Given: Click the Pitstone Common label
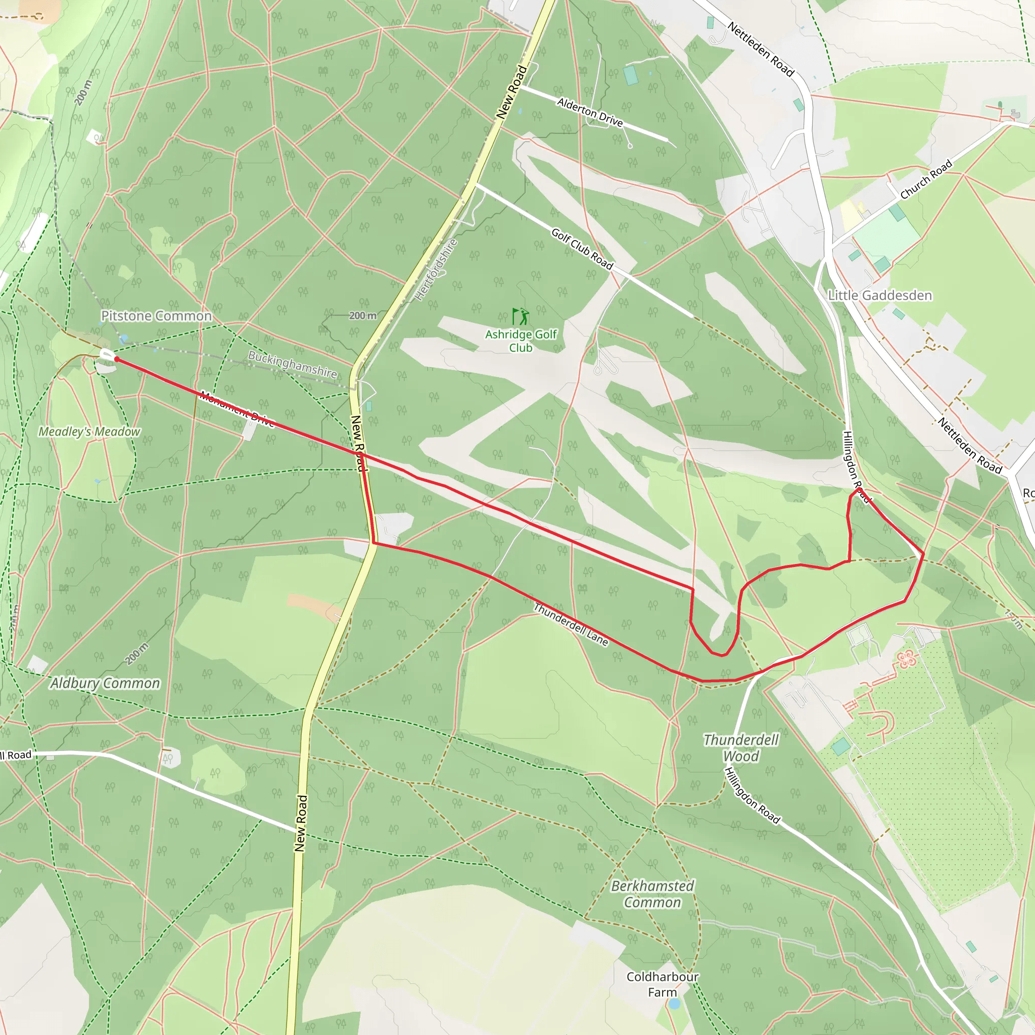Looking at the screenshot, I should pyautogui.click(x=157, y=316).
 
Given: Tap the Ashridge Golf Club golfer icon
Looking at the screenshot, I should pyautogui.click(x=520, y=316).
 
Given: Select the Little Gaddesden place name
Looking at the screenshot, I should pyautogui.click(x=880, y=295).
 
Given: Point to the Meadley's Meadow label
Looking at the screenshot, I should pyautogui.click(x=89, y=432).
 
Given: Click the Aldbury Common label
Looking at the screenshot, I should pyautogui.click(x=105, y=683).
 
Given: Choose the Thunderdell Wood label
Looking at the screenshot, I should pyautogui.click(x=741, y=748).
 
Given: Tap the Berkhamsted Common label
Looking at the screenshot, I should pyautogui.click(x=652, y=894).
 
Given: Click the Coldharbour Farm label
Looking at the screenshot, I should pyautogui.click(x=662, y=984).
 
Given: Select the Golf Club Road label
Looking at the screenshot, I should pyautogui.click(x=582, y=249).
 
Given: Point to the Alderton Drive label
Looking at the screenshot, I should pyautogui.click(x=590, y=113).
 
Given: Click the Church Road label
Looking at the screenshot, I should pyautogui.click(x=926, y=179).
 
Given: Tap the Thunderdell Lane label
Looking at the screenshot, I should pyautogui.click(x=571, y=625).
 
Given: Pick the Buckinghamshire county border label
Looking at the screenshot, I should pyautogui.click(x=292, y=364).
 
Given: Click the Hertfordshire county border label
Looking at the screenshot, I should pyautogui.click(x=436, y=269).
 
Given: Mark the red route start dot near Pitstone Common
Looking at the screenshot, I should pyautogui.click(x=116, y=359).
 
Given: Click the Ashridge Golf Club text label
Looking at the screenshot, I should pyautogui.click(x=521, y=341).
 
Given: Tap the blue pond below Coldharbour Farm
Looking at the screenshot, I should pyautogui.click(x=674, y=1003).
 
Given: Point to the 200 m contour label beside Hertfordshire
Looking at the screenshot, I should pyautogui.click(x=363, y=315).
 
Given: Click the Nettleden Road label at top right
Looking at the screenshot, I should pyautogui.click(x=760, y=50).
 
